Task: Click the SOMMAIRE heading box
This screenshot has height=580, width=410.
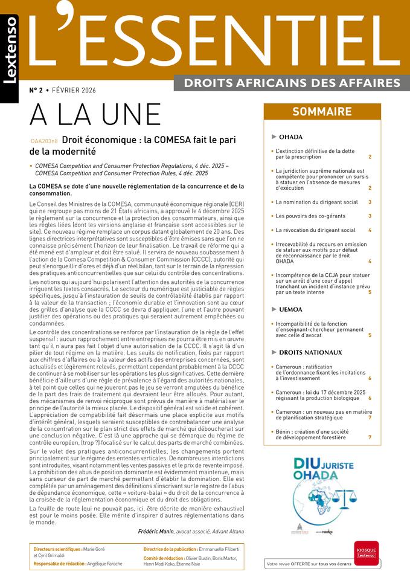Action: click(x=322, y=112)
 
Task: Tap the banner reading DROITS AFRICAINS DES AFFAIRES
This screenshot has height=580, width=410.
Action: click(x=292, y=83)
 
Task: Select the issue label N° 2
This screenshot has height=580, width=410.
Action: click(x=36, y=90)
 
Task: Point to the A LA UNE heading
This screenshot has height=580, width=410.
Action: click(x=95, y=115)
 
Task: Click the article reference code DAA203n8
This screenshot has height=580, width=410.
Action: click(x=44, y=141)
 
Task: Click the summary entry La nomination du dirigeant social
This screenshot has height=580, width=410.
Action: click(x=316, y=202)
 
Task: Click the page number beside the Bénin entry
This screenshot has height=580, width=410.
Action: click(x=370, y=437)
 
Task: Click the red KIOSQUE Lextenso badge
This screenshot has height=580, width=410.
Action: click(x=366, y=553)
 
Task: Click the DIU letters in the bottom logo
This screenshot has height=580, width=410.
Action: click(x=310, y=465)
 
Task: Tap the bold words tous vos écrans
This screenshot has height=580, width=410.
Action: click(x=347, y=564)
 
